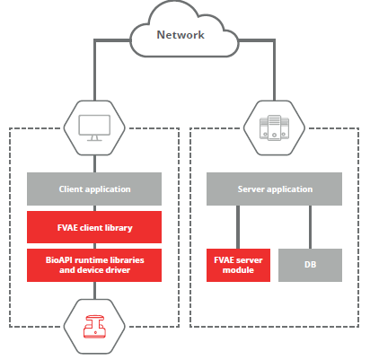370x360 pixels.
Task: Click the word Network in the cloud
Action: coord(181,35)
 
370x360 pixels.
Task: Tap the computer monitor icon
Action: coord(94,127)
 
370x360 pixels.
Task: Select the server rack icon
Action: coord(274,127)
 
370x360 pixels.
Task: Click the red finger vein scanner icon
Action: coord(94,327)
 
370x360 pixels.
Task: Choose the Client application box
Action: coord(94,189)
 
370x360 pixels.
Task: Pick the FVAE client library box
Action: coord(94,227)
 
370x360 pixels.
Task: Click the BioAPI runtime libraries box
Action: coord(94,265)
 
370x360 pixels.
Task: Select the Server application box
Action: coord(274,189)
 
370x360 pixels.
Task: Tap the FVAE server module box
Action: coord(238,265)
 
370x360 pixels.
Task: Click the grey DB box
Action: coord(310,265)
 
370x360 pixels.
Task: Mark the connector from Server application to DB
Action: coord(310,227)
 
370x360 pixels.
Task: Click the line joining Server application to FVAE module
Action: coord(238,227)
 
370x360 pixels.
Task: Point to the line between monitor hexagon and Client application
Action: coord(94,163)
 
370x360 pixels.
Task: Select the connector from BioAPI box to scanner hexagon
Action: coord(94,290)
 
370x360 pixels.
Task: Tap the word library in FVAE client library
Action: coord(120,228)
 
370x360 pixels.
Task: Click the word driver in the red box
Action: coord(119,270)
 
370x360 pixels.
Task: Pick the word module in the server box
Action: coord(238,270)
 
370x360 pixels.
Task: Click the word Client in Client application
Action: coord(71,189)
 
